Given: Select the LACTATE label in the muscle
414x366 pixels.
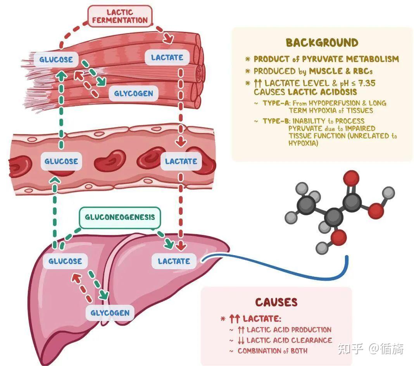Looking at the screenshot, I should [167, 57].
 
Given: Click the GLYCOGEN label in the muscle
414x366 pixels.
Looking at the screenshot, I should [133, 93].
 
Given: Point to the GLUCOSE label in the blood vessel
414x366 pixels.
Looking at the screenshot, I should [61, 161].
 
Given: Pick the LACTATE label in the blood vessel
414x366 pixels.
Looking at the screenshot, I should [181, 161].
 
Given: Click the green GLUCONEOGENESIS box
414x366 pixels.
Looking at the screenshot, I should [119, 217].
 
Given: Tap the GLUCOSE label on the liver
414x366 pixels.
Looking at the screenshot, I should [65, 261].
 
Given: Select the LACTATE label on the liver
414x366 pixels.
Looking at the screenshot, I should [174, 261].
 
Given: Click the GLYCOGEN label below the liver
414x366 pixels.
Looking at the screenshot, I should [110, 312].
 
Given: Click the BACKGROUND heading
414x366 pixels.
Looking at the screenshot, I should [322, 43].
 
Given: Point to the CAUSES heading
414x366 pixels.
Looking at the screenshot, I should [276, 302].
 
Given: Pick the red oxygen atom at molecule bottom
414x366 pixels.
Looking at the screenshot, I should [338, 237].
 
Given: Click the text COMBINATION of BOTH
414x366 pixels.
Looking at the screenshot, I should [272, 350].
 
